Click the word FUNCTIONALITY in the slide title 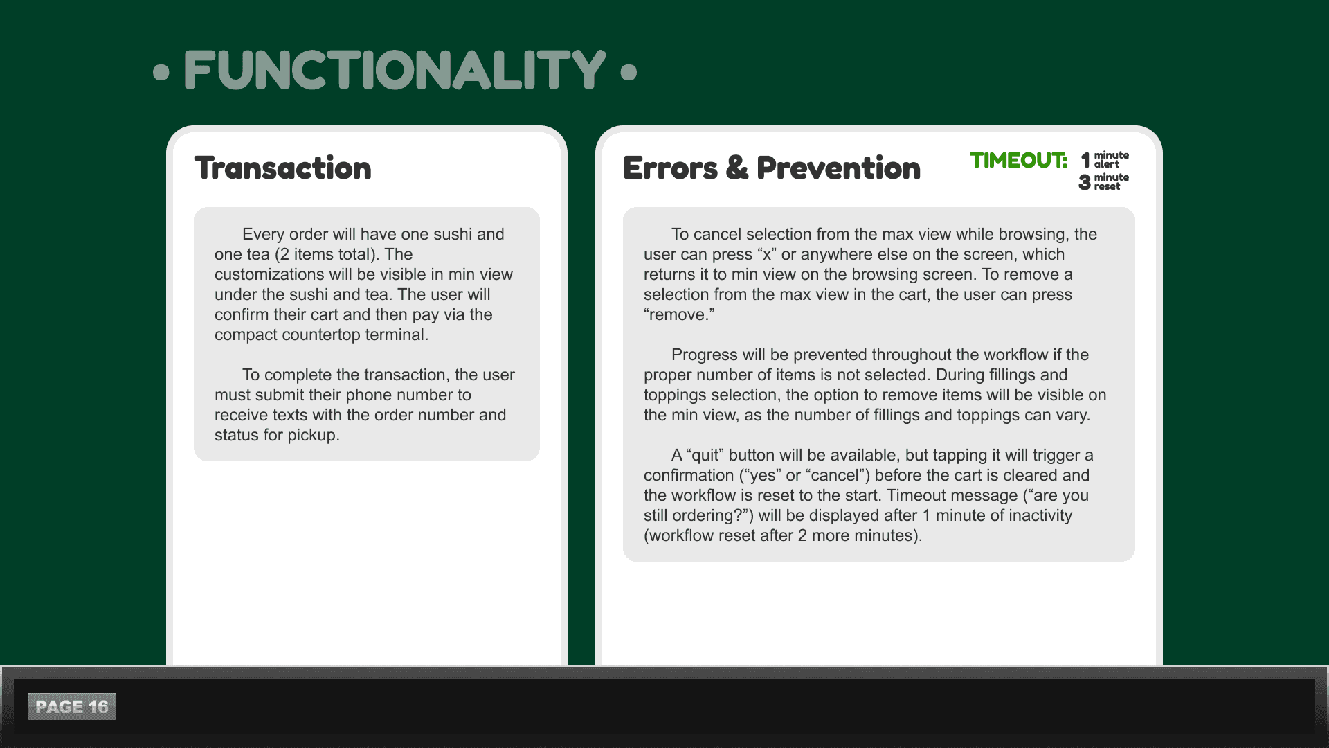[395, 70]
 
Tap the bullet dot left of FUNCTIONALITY [161, 72]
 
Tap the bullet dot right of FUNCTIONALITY [629, 72]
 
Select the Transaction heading [283, 168]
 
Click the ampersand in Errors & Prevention [737, 168]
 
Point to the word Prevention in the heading [838, 168]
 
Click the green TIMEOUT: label [1019, 161]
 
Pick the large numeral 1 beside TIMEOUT [1085, 160]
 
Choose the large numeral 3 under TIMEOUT [1085, 182]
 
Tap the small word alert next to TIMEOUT [1106, 165]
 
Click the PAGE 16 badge [72, 706]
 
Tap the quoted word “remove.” [679, 314]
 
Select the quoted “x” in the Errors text [767, 254]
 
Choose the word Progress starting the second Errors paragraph [705, 355]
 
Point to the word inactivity [1039, 516]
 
